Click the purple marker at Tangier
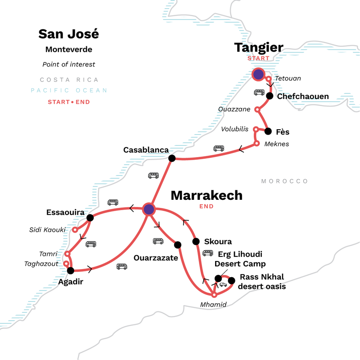click(x=258, y=74)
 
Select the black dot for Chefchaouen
click(x=270, y=96)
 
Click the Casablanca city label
click(x=146, y=150)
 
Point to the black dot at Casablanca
click(x=171, y=158)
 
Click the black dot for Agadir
click(x=70, y=270)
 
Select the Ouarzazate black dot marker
click(x=177, y=245)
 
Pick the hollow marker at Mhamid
click(x=215, y=295)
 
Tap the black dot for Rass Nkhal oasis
click(x=232, y=281)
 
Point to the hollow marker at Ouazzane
click(x=257, y=109)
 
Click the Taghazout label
click(x=41, y=264)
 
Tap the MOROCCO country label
click(x=285, y=181)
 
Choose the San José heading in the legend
click(x=68, y=34)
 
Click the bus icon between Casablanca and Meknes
click(x=219, y=148)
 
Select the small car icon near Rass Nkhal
click(x=223, y=284)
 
